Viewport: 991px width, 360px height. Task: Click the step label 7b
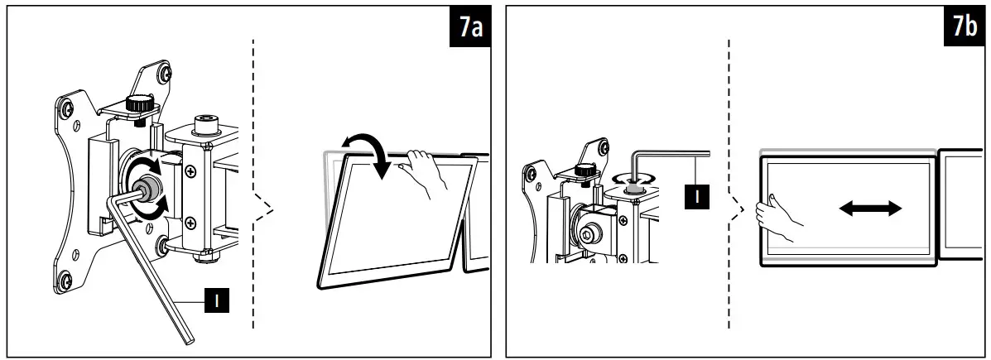(x=964, y=27)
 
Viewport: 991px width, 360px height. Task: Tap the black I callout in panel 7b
(x=696, y=197)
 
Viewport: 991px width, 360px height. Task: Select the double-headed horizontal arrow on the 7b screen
(x=870, y=209)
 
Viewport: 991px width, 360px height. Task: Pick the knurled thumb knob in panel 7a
(x=142, y=105)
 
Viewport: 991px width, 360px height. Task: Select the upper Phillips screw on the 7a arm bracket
(x=191, y=171)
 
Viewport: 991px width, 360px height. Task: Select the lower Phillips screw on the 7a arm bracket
(x=191, y=222)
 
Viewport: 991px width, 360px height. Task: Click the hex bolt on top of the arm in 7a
(x=204, y=126)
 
